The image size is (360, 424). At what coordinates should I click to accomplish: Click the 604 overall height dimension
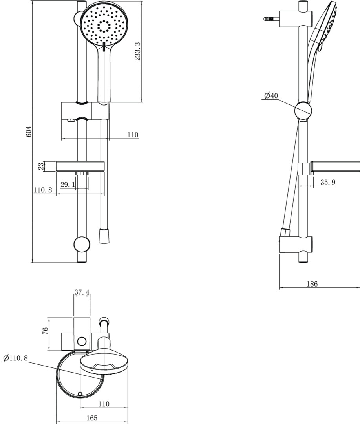(x=29, y=131)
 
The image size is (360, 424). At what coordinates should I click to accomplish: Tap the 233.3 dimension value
(x=138, y=51)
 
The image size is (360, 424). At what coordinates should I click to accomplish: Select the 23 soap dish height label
(x=41, y=166)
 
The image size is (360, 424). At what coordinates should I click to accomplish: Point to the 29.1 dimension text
(x=68, y=185)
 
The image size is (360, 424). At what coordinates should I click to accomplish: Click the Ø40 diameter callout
(x=271, y=95)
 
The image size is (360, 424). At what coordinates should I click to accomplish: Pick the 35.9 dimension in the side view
(x=328, y=182)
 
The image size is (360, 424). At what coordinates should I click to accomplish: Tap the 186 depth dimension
(x=312, y=284)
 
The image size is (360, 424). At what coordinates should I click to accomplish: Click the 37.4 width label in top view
(x=82, y=292)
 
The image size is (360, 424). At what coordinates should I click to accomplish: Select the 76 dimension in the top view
(x=45, y=331)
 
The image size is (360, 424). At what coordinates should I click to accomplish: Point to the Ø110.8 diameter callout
(x=16, y=358)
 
